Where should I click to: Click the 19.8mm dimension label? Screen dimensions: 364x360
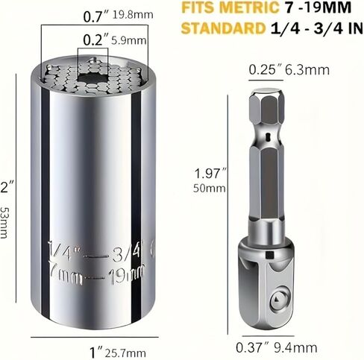click(133, 15)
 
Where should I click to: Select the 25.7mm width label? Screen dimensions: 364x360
click(125, 353)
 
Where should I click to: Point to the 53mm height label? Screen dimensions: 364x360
click(4, 223)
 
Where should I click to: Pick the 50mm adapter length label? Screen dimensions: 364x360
click(210, 189)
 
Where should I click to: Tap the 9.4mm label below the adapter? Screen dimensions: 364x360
click(295, 347)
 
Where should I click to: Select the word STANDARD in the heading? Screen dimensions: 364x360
click(223, 28)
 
